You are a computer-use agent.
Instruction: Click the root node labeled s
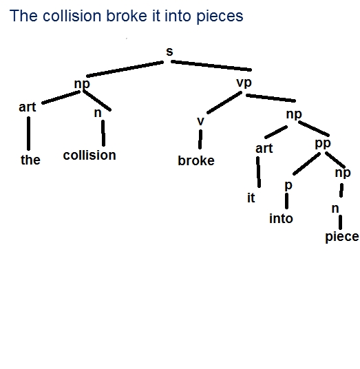(x=169, y=52)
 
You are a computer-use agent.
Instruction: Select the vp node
(x=244, y=83)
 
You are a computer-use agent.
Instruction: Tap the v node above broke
(x=200, y=121)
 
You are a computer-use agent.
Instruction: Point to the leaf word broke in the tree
(x=196, y=160)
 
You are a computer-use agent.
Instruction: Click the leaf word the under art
(x=30, y=160)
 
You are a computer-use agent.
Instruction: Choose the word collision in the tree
(x=89, y=156)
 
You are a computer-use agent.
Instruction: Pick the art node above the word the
(x=28, y=107)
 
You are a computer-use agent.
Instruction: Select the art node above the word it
(x=264, y=149)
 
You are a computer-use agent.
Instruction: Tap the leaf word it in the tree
(x=251, y=198)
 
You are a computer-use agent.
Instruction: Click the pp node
(x=323, y=144)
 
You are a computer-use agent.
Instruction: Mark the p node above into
(x=288, y=185)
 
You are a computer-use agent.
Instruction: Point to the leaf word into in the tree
(x=281, y=218)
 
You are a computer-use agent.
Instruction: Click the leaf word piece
(x=342, y=237)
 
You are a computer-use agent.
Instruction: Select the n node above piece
(x=335, y=209)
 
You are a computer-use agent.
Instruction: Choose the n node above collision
(x=98, y=113)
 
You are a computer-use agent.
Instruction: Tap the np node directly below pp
(x=343, y=173)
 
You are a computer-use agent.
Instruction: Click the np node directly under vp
(x=294, y=114)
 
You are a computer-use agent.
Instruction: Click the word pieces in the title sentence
(x=220, y=16)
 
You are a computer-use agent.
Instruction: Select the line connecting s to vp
(x=211, y=65)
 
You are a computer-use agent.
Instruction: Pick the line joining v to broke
(x=200, y=139)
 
